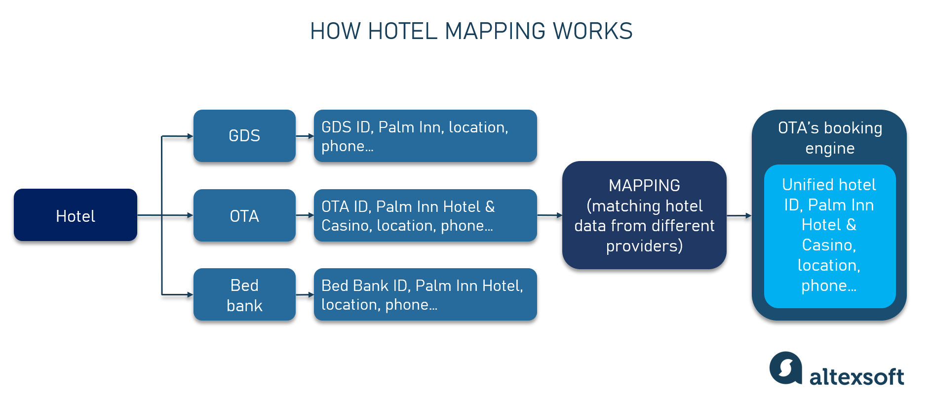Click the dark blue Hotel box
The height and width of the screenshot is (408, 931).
coord(76,215)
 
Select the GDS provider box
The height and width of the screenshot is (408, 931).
coord(244,136)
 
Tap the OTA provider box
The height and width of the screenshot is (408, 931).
coord(244,215)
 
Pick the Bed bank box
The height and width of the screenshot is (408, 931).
coord(244,294)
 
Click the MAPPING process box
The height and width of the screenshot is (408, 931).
coord(644,215)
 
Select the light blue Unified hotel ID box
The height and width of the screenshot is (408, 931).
coord(830,236)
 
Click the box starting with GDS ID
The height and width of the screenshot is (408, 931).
coord(426,136)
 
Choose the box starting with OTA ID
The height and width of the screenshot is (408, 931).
coord(426,215)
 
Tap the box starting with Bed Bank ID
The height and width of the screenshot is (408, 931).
coord(426,294)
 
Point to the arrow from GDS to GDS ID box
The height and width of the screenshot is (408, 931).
coord(305,136)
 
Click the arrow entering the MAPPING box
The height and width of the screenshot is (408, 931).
coord(550,215)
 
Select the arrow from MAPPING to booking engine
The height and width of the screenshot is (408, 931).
coord(739,215)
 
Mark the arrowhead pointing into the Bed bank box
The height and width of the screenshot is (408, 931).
coord(191,294)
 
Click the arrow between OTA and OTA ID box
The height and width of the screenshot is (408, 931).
coord(305,215)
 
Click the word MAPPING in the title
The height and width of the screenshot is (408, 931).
coord(495,31)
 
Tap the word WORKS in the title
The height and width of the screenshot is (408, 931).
coord(593,31)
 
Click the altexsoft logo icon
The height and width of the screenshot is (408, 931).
coord(785,367)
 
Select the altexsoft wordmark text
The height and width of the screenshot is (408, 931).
coord(857,377)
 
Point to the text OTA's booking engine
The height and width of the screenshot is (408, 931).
coord(830,138)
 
